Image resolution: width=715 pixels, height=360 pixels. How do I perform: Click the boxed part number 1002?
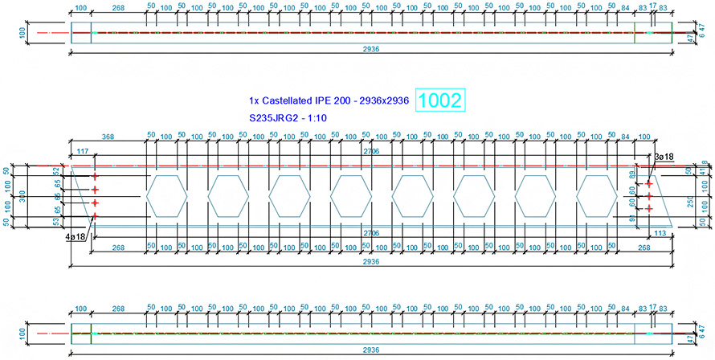click(x=441, y=101)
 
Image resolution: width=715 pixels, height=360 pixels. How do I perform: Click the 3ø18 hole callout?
click(x=664, y=156)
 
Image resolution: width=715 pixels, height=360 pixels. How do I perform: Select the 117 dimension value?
click(x=83, y=153)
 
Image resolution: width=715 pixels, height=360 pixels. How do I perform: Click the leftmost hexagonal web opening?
click(x=166, y=195)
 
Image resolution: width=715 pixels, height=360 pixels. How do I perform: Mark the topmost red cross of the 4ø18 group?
click(x=95, y=176)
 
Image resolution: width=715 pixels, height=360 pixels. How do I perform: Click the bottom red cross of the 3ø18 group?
click(x=649, y=208)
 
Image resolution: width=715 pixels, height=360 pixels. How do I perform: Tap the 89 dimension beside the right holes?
click(x=634, y=174)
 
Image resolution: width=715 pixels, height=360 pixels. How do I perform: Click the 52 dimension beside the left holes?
click(x=56, y=170)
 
